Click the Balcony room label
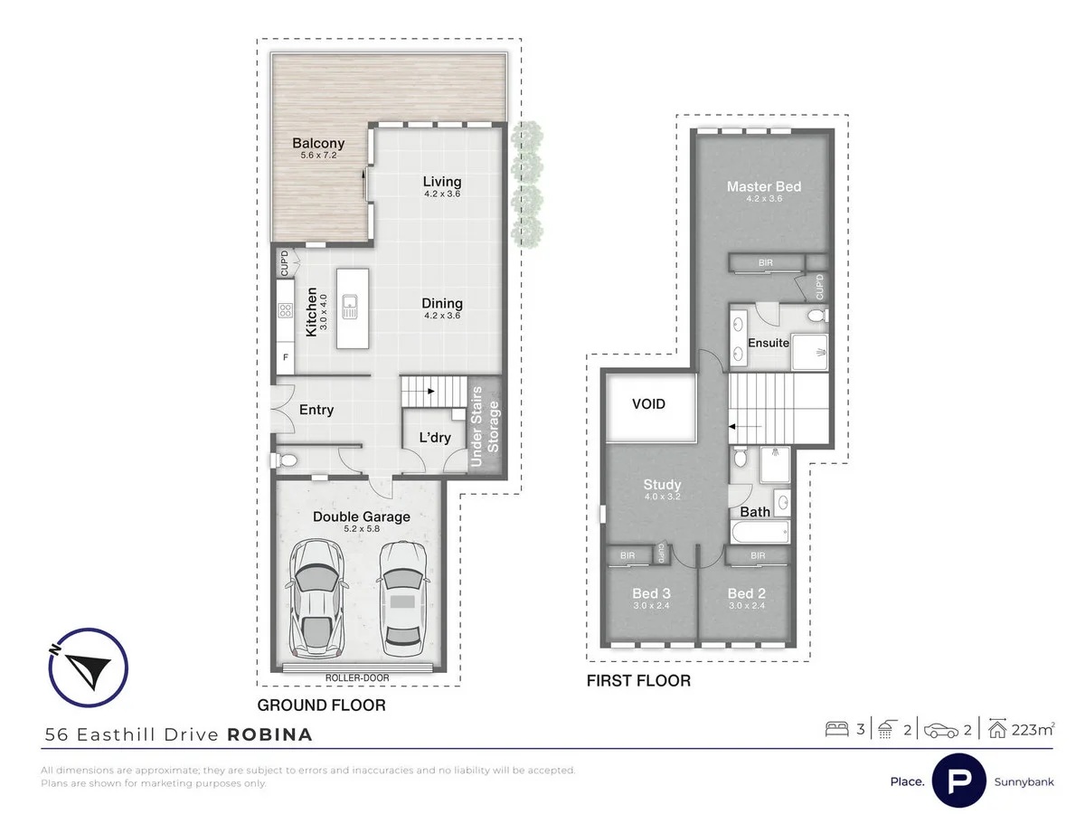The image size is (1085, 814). pos(318,143)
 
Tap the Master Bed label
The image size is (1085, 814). pos(764,187)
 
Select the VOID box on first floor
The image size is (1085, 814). pos(648,403)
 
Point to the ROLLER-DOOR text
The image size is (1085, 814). pos(361,677)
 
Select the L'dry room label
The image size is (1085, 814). pos(435,437)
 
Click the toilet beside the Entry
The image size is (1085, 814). pos(288,461)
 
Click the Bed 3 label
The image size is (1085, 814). pos(650,594)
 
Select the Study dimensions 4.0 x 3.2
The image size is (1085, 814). pos(663,497)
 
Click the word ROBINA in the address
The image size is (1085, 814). pos(269,734)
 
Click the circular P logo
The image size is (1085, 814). pos(959,781)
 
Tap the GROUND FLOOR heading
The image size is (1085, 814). pos(321,705)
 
